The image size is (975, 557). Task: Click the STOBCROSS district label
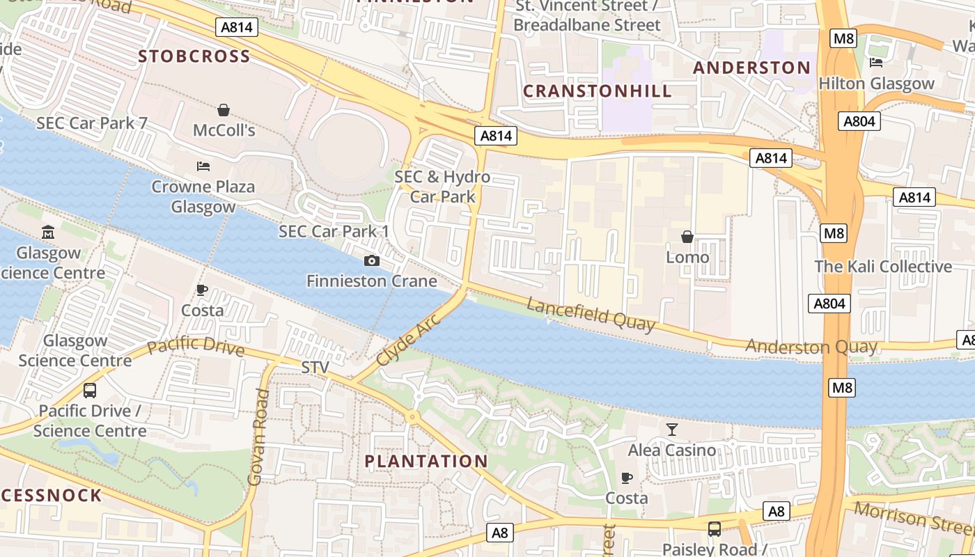[x=194, y=56]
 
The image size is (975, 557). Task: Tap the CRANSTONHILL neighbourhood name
[x=598, y=91]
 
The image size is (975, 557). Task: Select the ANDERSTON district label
[x=752, y=68]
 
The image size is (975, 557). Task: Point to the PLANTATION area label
[x=426, y=461]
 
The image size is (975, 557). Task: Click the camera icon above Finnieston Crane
[x=372, y=261]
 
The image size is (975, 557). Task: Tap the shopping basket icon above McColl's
[x=224, y=110]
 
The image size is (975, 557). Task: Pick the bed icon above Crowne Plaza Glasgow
[x=203, y=166]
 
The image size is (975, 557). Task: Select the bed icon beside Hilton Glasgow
[x=876, y=63]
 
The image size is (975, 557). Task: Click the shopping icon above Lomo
[x=687, y=237]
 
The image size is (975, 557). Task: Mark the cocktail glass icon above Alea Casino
[x=671, y=430]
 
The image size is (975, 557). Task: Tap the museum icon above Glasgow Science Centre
[x=48, y=232]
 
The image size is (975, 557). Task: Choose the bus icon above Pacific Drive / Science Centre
[x=89, y=391]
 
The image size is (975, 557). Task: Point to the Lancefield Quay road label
[x=591, y=314]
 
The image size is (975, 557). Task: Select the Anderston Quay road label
[x=811, y=346]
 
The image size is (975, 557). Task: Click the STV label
[x=315, y=367]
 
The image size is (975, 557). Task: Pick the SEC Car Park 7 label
[x=92, y=123]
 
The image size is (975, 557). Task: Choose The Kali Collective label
[x=883, y=267]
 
